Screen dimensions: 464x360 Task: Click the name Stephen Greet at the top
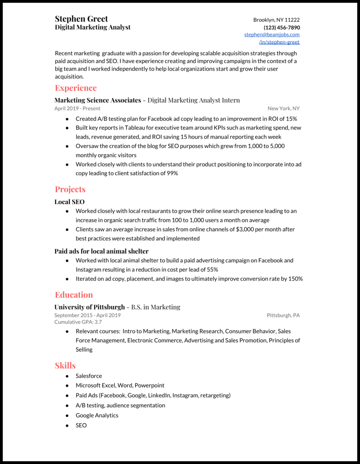coord(81,19)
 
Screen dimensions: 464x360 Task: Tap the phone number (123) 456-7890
coord(282,27)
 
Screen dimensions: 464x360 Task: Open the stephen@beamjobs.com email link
coord(272,35)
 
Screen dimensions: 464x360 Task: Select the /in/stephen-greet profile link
coord(279,42)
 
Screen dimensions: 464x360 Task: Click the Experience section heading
coord(76,88)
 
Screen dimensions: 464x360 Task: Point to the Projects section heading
coord(70,189)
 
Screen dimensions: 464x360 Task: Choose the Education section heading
coord(74,295)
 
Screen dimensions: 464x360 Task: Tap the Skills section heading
coord(65,366)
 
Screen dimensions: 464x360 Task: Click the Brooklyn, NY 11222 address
coord(276,20)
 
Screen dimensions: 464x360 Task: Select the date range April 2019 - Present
coord(77,108)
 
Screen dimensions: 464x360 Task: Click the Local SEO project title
coord(69,202)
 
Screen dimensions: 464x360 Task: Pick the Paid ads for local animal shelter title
coord(101,251)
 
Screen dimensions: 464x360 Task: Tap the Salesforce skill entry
coord(89,376)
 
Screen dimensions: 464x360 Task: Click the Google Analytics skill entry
coord(97,415)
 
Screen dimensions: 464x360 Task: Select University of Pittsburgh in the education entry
coord(90,307)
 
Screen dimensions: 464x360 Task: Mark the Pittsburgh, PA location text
coord(283,316)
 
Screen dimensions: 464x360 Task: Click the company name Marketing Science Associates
coord(98,100)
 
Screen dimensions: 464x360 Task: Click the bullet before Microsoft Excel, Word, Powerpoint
coord(67,386)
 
